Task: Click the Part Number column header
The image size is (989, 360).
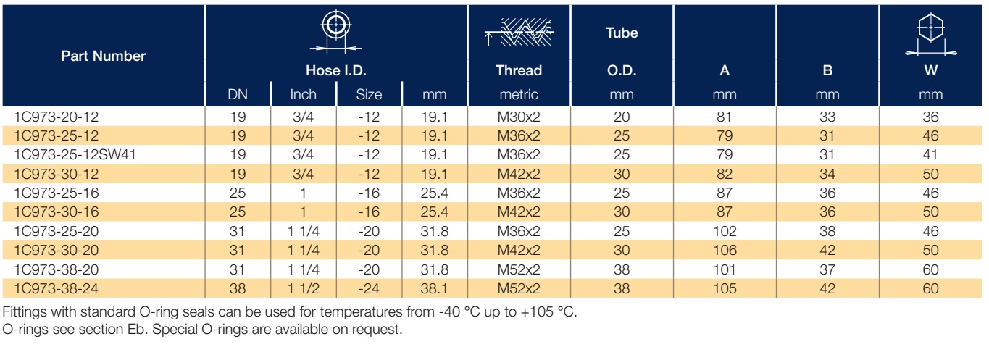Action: pyautogui.click(x=104, y=56)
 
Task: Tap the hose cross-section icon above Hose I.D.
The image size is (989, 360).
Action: pyautogui.click(x=336, y=31)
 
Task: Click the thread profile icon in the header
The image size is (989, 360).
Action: pyautogui.click(x=519, y=33)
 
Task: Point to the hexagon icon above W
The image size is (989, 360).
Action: pyautogui.click(x=931, y=35)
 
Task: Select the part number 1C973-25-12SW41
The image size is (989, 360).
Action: pyautogui.click(x=75, y=155)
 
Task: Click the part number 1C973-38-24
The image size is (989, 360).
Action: pyautogui.click(x=56, y=288)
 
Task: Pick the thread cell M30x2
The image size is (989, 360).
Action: pyautogui.click(x=519, y=117)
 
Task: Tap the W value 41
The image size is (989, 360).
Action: pyautogui.click(x=930, y=155)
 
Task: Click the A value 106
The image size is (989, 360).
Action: pyautogui.click(x=725, y=250)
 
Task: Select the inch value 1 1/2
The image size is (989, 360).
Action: pyautogui.click(x=304, y=288)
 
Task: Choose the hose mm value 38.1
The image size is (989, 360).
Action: pyautogui.click(x=435, y=288)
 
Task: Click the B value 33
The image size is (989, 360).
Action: pyautogui.click(x=827, y=117)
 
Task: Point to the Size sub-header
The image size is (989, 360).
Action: pyautogui.click(x=369, y=94)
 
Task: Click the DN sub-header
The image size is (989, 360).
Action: pyautogui.click(x=238, y=94)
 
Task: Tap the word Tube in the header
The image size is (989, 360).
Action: pyautogui.click(x=622, y=33)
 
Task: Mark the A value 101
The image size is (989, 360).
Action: pyautogui.click(x=725, y=269)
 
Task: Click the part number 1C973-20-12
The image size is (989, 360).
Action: pyautogui.click(x=56, y=117)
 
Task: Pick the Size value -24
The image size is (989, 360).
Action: pyautogui.click(x=369, y=288)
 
